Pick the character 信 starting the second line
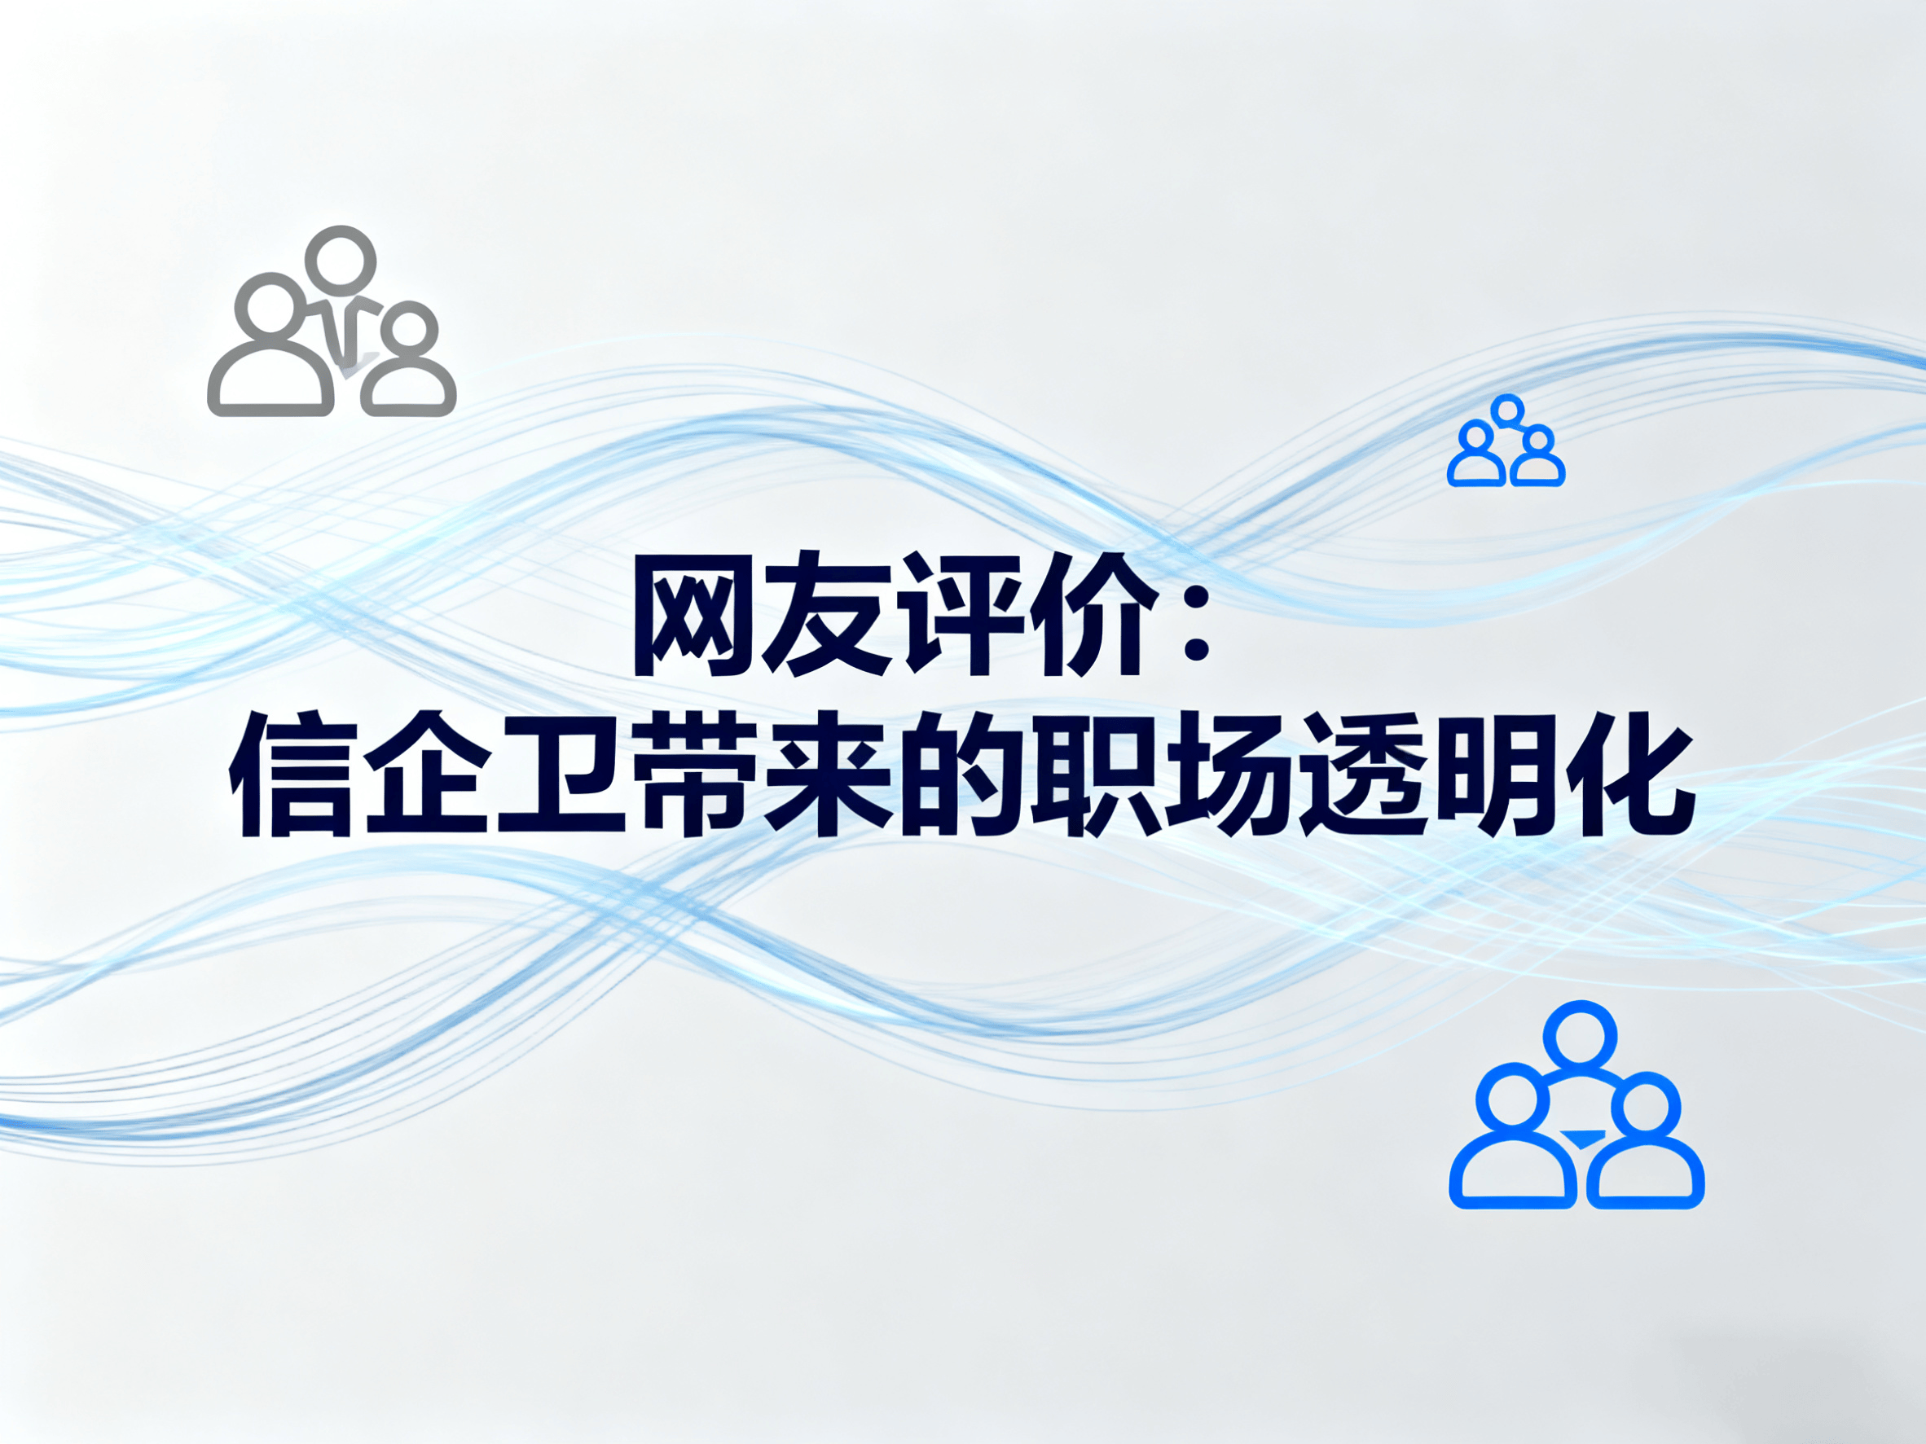click(x=292, y=775)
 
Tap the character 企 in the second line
click(x=426, y=775)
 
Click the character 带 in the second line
click(x=693, y=775)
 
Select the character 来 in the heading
click(x=825, y=775)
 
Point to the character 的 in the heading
click(x=959, y=775)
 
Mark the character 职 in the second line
click(x=1093, y=775)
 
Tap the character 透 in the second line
click(x=1360, y=775)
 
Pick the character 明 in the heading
click(x=1493, y=775)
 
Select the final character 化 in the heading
click(x=1626, y=775)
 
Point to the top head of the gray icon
click(x=345, y=230)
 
